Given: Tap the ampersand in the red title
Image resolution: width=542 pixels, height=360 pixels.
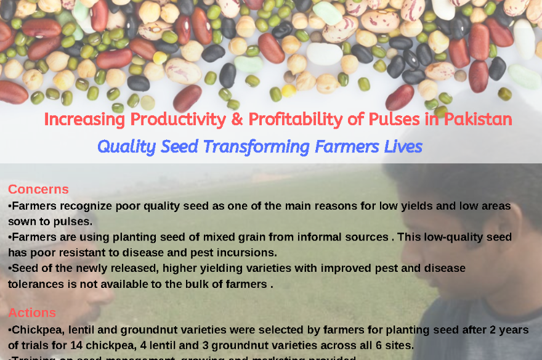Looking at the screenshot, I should tap(237, 119).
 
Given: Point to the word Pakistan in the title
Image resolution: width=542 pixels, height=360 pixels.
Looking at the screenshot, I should tap(477, 119).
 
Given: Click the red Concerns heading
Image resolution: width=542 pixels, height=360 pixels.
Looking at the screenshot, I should tap(38, 189).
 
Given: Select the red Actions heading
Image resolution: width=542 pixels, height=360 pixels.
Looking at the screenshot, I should tap(32, 313).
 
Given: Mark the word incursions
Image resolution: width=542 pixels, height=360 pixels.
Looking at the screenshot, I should tap(245, 252).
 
